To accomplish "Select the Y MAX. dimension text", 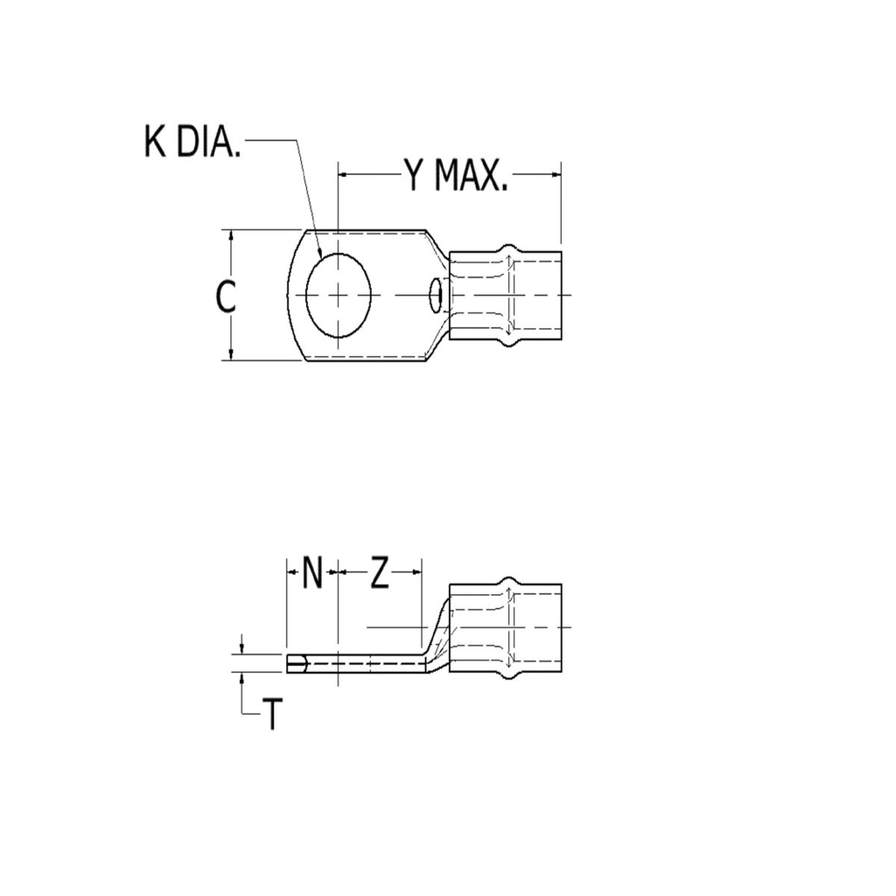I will coord(456,175).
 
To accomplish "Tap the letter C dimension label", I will coord(226,297).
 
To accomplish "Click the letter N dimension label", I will coord(312,574).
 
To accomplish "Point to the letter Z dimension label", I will coord(379,574).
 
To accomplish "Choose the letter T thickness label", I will coord(273,715).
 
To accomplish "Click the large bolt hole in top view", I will coord(339,296).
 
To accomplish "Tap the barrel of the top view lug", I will coord(505,296).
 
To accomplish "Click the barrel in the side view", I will coord(505,627).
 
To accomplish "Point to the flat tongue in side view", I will coord(359,664).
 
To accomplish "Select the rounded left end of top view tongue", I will coord(290,296).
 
